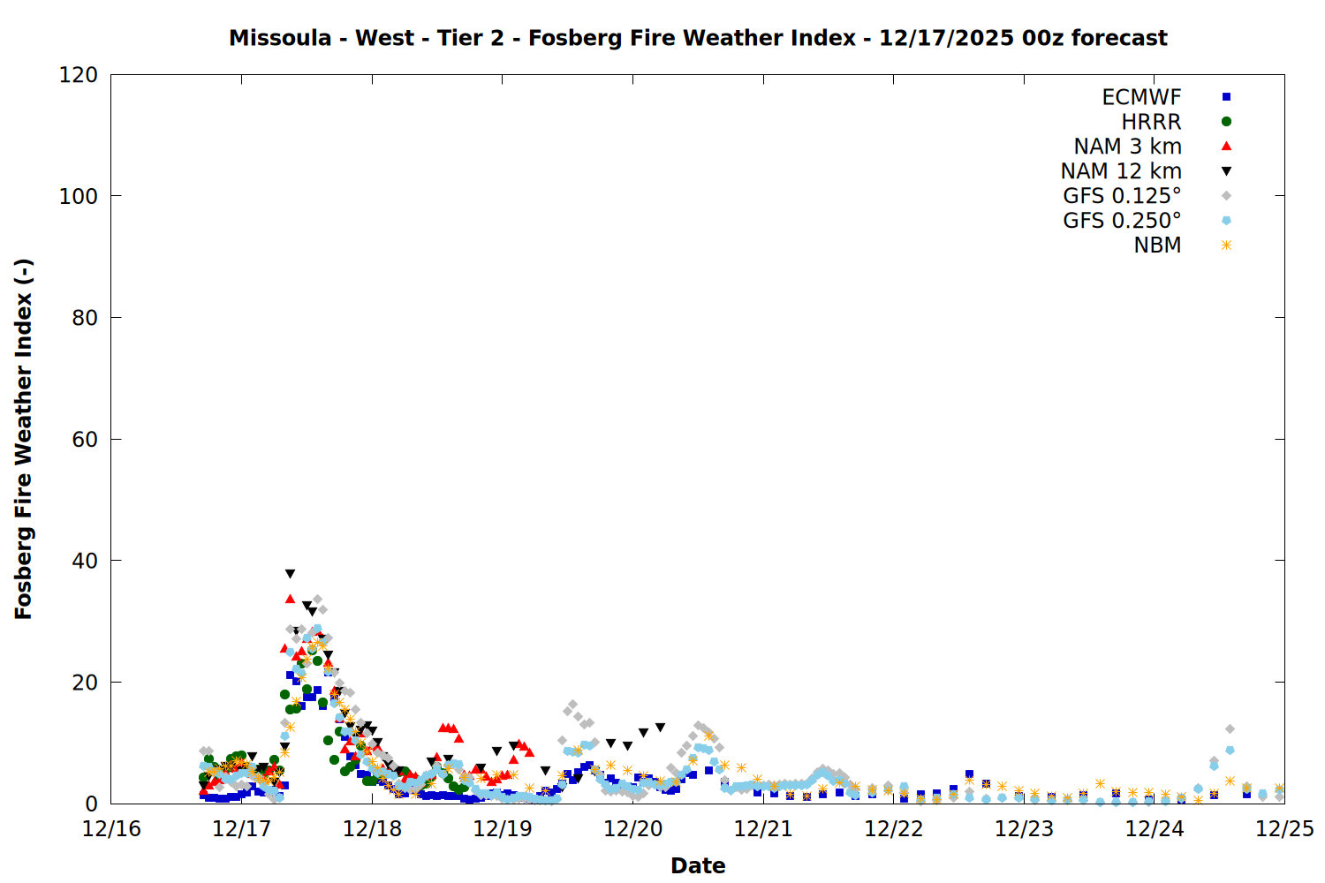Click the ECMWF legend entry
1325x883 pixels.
tap(1141, 97)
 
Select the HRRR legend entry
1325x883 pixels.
tap(1151, 122)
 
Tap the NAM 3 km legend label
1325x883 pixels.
tap(1127, 147)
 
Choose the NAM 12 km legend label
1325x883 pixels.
tap(1121, 171)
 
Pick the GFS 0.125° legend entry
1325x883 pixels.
tap(1122, 196)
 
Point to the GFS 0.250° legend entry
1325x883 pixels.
tap(1122, 221)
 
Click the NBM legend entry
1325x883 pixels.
tap(1157, 245)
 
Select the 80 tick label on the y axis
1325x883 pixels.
tap(85, 318)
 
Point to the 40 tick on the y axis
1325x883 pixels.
tap(85, 561)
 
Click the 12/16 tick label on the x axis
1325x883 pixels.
tap(111, 829)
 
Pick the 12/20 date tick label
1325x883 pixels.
tap(632, 829)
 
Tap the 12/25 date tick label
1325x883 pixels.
tap(1284, 829)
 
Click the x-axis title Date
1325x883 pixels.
tap(698, 865)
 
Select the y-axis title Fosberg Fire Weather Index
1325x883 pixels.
tap(24, 439)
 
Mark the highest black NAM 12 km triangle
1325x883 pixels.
tap(290, 574)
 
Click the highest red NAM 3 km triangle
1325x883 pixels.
tap(290, 599)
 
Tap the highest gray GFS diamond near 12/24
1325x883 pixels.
tap(1230, 729)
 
